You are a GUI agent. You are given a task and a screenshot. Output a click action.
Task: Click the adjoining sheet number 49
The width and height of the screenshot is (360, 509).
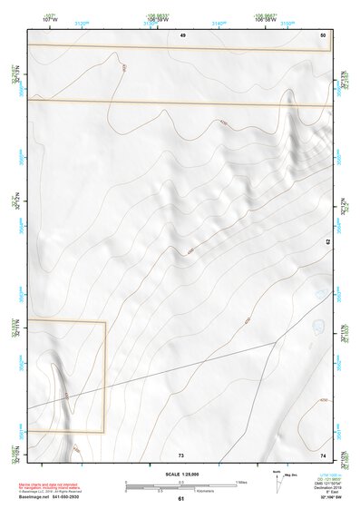(x=182, y=34)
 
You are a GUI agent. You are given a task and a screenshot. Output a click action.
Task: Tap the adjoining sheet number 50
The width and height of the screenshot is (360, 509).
(x=323, y=34)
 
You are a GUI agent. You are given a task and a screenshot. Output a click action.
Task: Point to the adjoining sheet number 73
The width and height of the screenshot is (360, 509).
(x=180, y=454)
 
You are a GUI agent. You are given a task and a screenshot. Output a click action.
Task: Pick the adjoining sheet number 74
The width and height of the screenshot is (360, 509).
(x=323, y=454)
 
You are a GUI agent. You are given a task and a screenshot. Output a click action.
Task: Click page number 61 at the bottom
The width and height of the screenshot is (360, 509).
(x=180, y=499)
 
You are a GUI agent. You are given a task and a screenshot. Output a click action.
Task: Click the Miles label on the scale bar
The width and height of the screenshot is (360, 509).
(x=241, y=482)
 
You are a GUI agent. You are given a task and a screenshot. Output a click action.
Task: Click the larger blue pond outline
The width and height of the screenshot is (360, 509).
(x=318, y=326)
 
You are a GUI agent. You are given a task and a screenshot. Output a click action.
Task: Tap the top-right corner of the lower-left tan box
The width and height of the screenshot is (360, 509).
(x=105, y=321)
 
